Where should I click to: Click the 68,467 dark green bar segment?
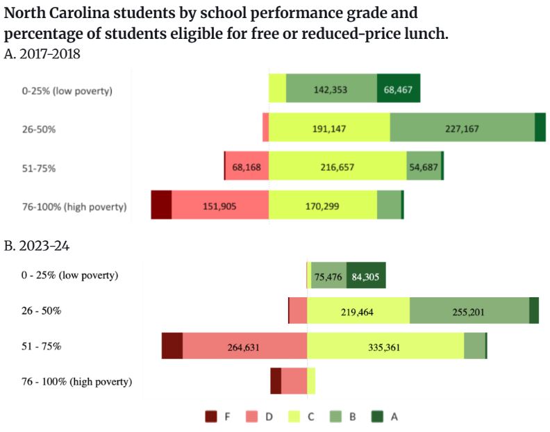(x=399, y=88)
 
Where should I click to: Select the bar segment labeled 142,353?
(x=331, y=88)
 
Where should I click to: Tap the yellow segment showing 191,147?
(x=329, y=128)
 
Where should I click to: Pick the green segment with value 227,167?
(x=462, y=128)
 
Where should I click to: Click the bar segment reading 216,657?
(x=337, y=167)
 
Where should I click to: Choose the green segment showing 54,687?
(x=424, y=167)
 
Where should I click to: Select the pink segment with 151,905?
(x=220, y=206)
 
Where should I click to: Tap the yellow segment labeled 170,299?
(x=323, y=206)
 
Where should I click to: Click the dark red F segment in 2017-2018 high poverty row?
(x=161, y=206)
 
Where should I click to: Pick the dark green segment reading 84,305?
(x=366, y=276)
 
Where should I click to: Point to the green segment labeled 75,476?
(x=328, y=276)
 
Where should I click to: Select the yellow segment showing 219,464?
(x=358, y=310)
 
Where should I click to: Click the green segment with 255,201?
(x=469, y=310)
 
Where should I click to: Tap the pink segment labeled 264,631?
(x=244, y=346)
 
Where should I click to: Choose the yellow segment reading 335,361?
(x=385, y=346)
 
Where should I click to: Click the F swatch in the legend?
(x=211, y=417)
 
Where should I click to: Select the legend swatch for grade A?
(x=376, y=417)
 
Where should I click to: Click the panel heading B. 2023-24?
(x=37, y=246)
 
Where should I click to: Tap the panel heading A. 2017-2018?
(x=42, y=54)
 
